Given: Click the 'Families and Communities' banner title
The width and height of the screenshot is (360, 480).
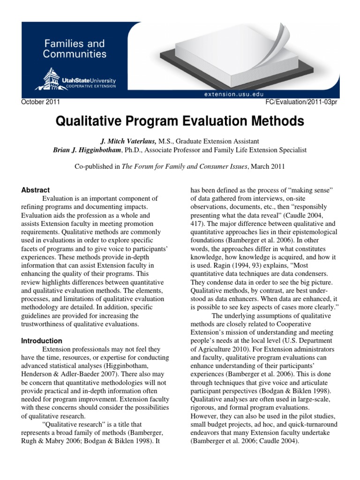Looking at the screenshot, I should (x=75, y=49).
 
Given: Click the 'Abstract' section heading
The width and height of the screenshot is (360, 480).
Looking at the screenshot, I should (x=36, y=190).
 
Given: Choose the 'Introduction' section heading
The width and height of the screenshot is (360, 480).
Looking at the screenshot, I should (x=42, y=341).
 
